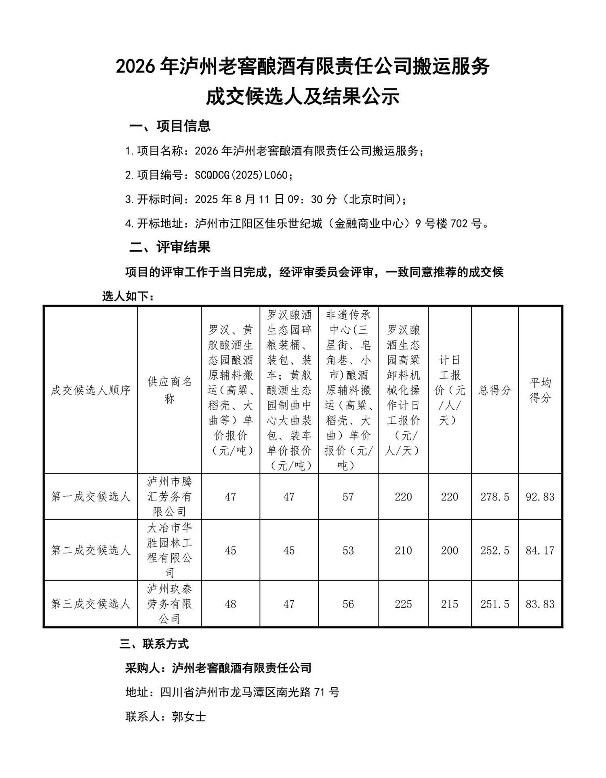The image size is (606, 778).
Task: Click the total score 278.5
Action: click(x=494, y=497)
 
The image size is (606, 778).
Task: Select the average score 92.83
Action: click(x=540, y=497)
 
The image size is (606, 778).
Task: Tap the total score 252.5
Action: click(x=494, y=551)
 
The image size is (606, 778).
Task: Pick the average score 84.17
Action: click(x=540, y=551)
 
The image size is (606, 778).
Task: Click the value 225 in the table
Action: click(x=403, y=604)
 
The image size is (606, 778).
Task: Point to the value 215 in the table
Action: click(x=449, y=604)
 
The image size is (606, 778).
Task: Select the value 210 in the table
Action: click(x=403, y=551)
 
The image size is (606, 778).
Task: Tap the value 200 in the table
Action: click(x=449, y=551)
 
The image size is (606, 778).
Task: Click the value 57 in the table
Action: click(x=348, y=497)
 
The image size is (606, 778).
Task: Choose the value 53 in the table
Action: click(x=348, y=551)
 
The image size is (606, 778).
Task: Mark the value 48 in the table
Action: click(x=230, y=604)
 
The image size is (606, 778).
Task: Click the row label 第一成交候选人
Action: click(x=90, y=497)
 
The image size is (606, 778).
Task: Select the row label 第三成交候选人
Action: click(x=90, y=604)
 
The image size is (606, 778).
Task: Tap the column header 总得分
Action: click(x=494, y=390)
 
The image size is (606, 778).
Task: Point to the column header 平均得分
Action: click(x=540, y=390)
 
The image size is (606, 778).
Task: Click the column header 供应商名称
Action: click(x=169, y=390)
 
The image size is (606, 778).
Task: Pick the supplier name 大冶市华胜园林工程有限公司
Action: click(x=169, y=550)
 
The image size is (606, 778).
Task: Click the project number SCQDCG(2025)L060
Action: click(x=241, y=175)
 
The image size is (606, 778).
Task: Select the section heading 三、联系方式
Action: click(x=154, y=644)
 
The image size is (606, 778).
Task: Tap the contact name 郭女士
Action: click(x=189, y=717)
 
